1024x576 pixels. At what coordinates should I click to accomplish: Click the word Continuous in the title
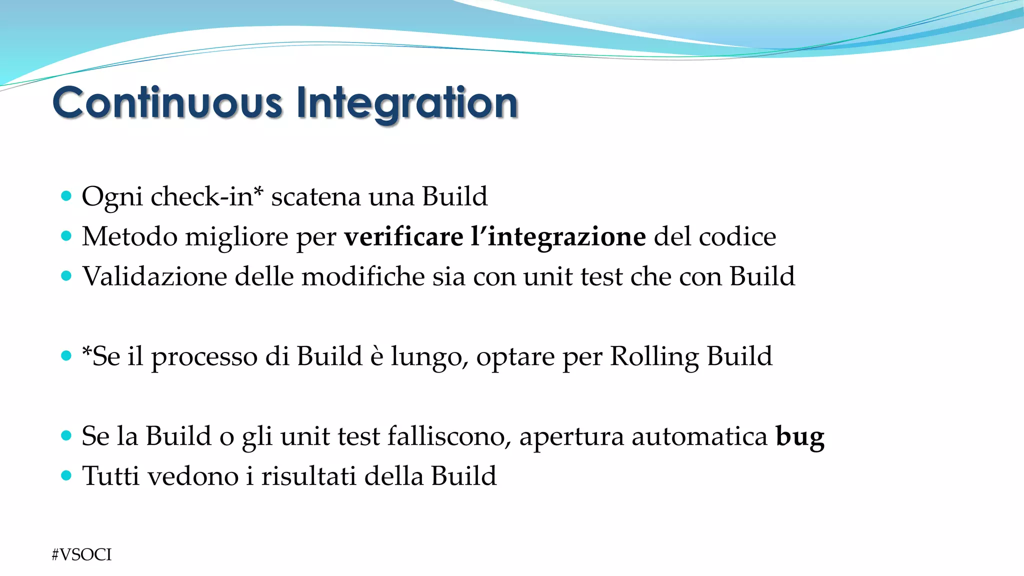[167, 103]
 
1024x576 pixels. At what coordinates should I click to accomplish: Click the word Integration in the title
[407, 103]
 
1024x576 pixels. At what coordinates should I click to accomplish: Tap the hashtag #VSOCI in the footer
[81, 554]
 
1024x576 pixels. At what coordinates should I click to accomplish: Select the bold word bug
[799, 436]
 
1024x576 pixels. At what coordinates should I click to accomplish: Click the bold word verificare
[403, 236]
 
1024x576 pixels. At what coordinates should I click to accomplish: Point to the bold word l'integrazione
[558, 236]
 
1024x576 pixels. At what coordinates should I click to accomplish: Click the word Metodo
[129, 236]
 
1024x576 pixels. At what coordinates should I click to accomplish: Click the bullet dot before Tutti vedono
[66, 475]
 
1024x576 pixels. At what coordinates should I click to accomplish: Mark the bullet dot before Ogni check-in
[66, 195]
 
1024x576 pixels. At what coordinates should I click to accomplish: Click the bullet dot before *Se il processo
[66, 355]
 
